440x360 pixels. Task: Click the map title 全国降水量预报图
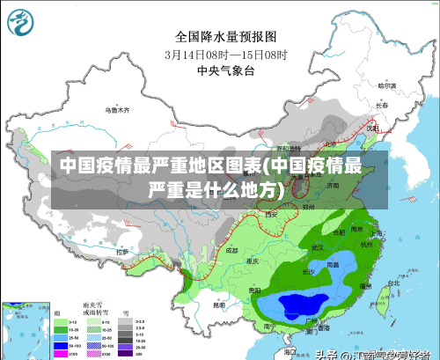[226, 37]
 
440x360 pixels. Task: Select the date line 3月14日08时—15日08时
[226, 54]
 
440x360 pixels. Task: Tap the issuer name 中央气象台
[226, 70]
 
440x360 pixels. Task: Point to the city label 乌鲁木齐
[117, 111]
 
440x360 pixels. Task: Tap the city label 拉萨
[123, 252]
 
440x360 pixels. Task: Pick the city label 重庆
[254, 261]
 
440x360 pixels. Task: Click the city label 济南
[332, 187]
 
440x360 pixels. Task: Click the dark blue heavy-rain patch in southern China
[299, 305]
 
